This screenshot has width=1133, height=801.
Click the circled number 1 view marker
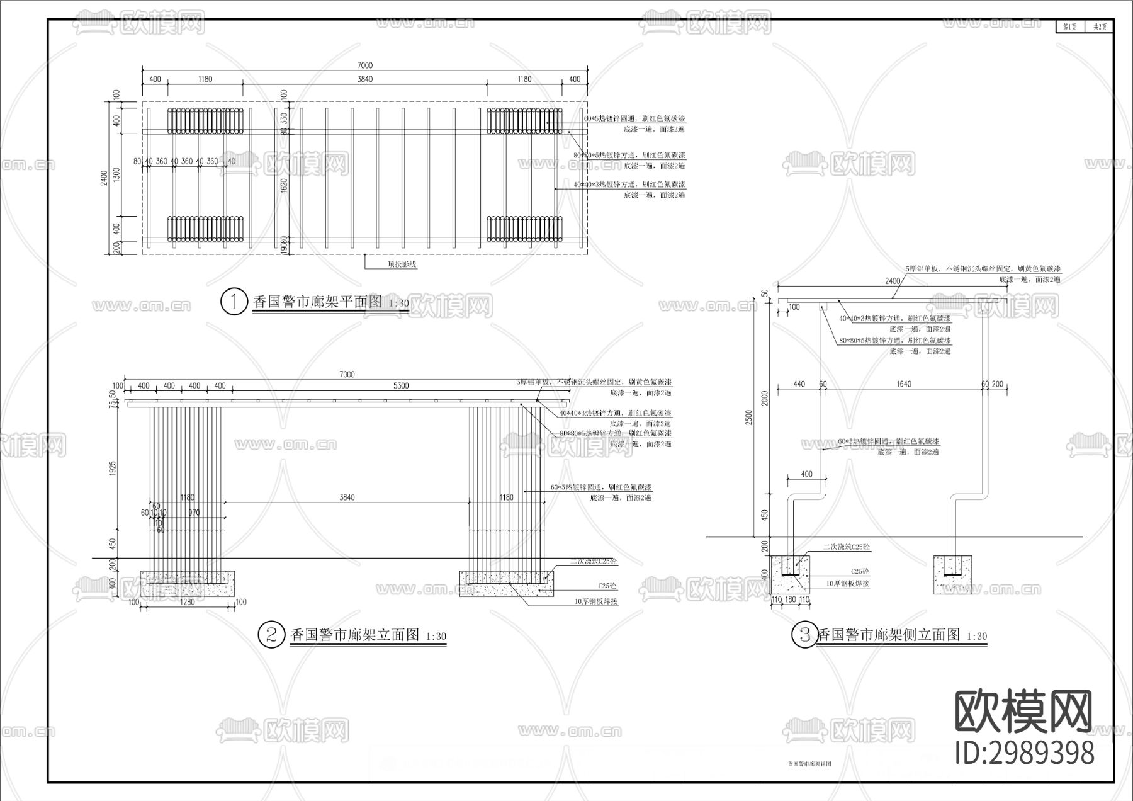click(x=234, y=302)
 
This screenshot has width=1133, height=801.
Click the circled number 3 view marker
click(x=804, y=635)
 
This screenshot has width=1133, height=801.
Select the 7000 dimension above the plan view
click(x=364, y=65)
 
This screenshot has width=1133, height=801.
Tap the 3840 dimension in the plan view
click(x=364, y=79)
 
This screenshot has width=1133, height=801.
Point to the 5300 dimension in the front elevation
click(x=400, y=385)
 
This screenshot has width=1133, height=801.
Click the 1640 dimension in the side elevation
click(x=903, y=383)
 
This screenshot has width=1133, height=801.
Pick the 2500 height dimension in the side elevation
click(x=748, y=417)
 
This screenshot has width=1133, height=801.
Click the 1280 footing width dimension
click(x=188, y=602)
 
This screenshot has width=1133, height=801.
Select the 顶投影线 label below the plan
click(x=402, y=264)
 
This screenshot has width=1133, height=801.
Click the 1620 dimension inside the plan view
click(x=284, y=185)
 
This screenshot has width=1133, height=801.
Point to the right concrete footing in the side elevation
click(x=952, y=574)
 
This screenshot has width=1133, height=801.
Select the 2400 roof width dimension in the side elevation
click(x=893, y=281)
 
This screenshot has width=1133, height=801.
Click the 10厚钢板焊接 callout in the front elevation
click(x=595, y=602)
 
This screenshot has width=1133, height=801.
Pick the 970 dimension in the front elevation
click(x=194, y=513)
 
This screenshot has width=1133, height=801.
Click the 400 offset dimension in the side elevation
click(x=806, y=474)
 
